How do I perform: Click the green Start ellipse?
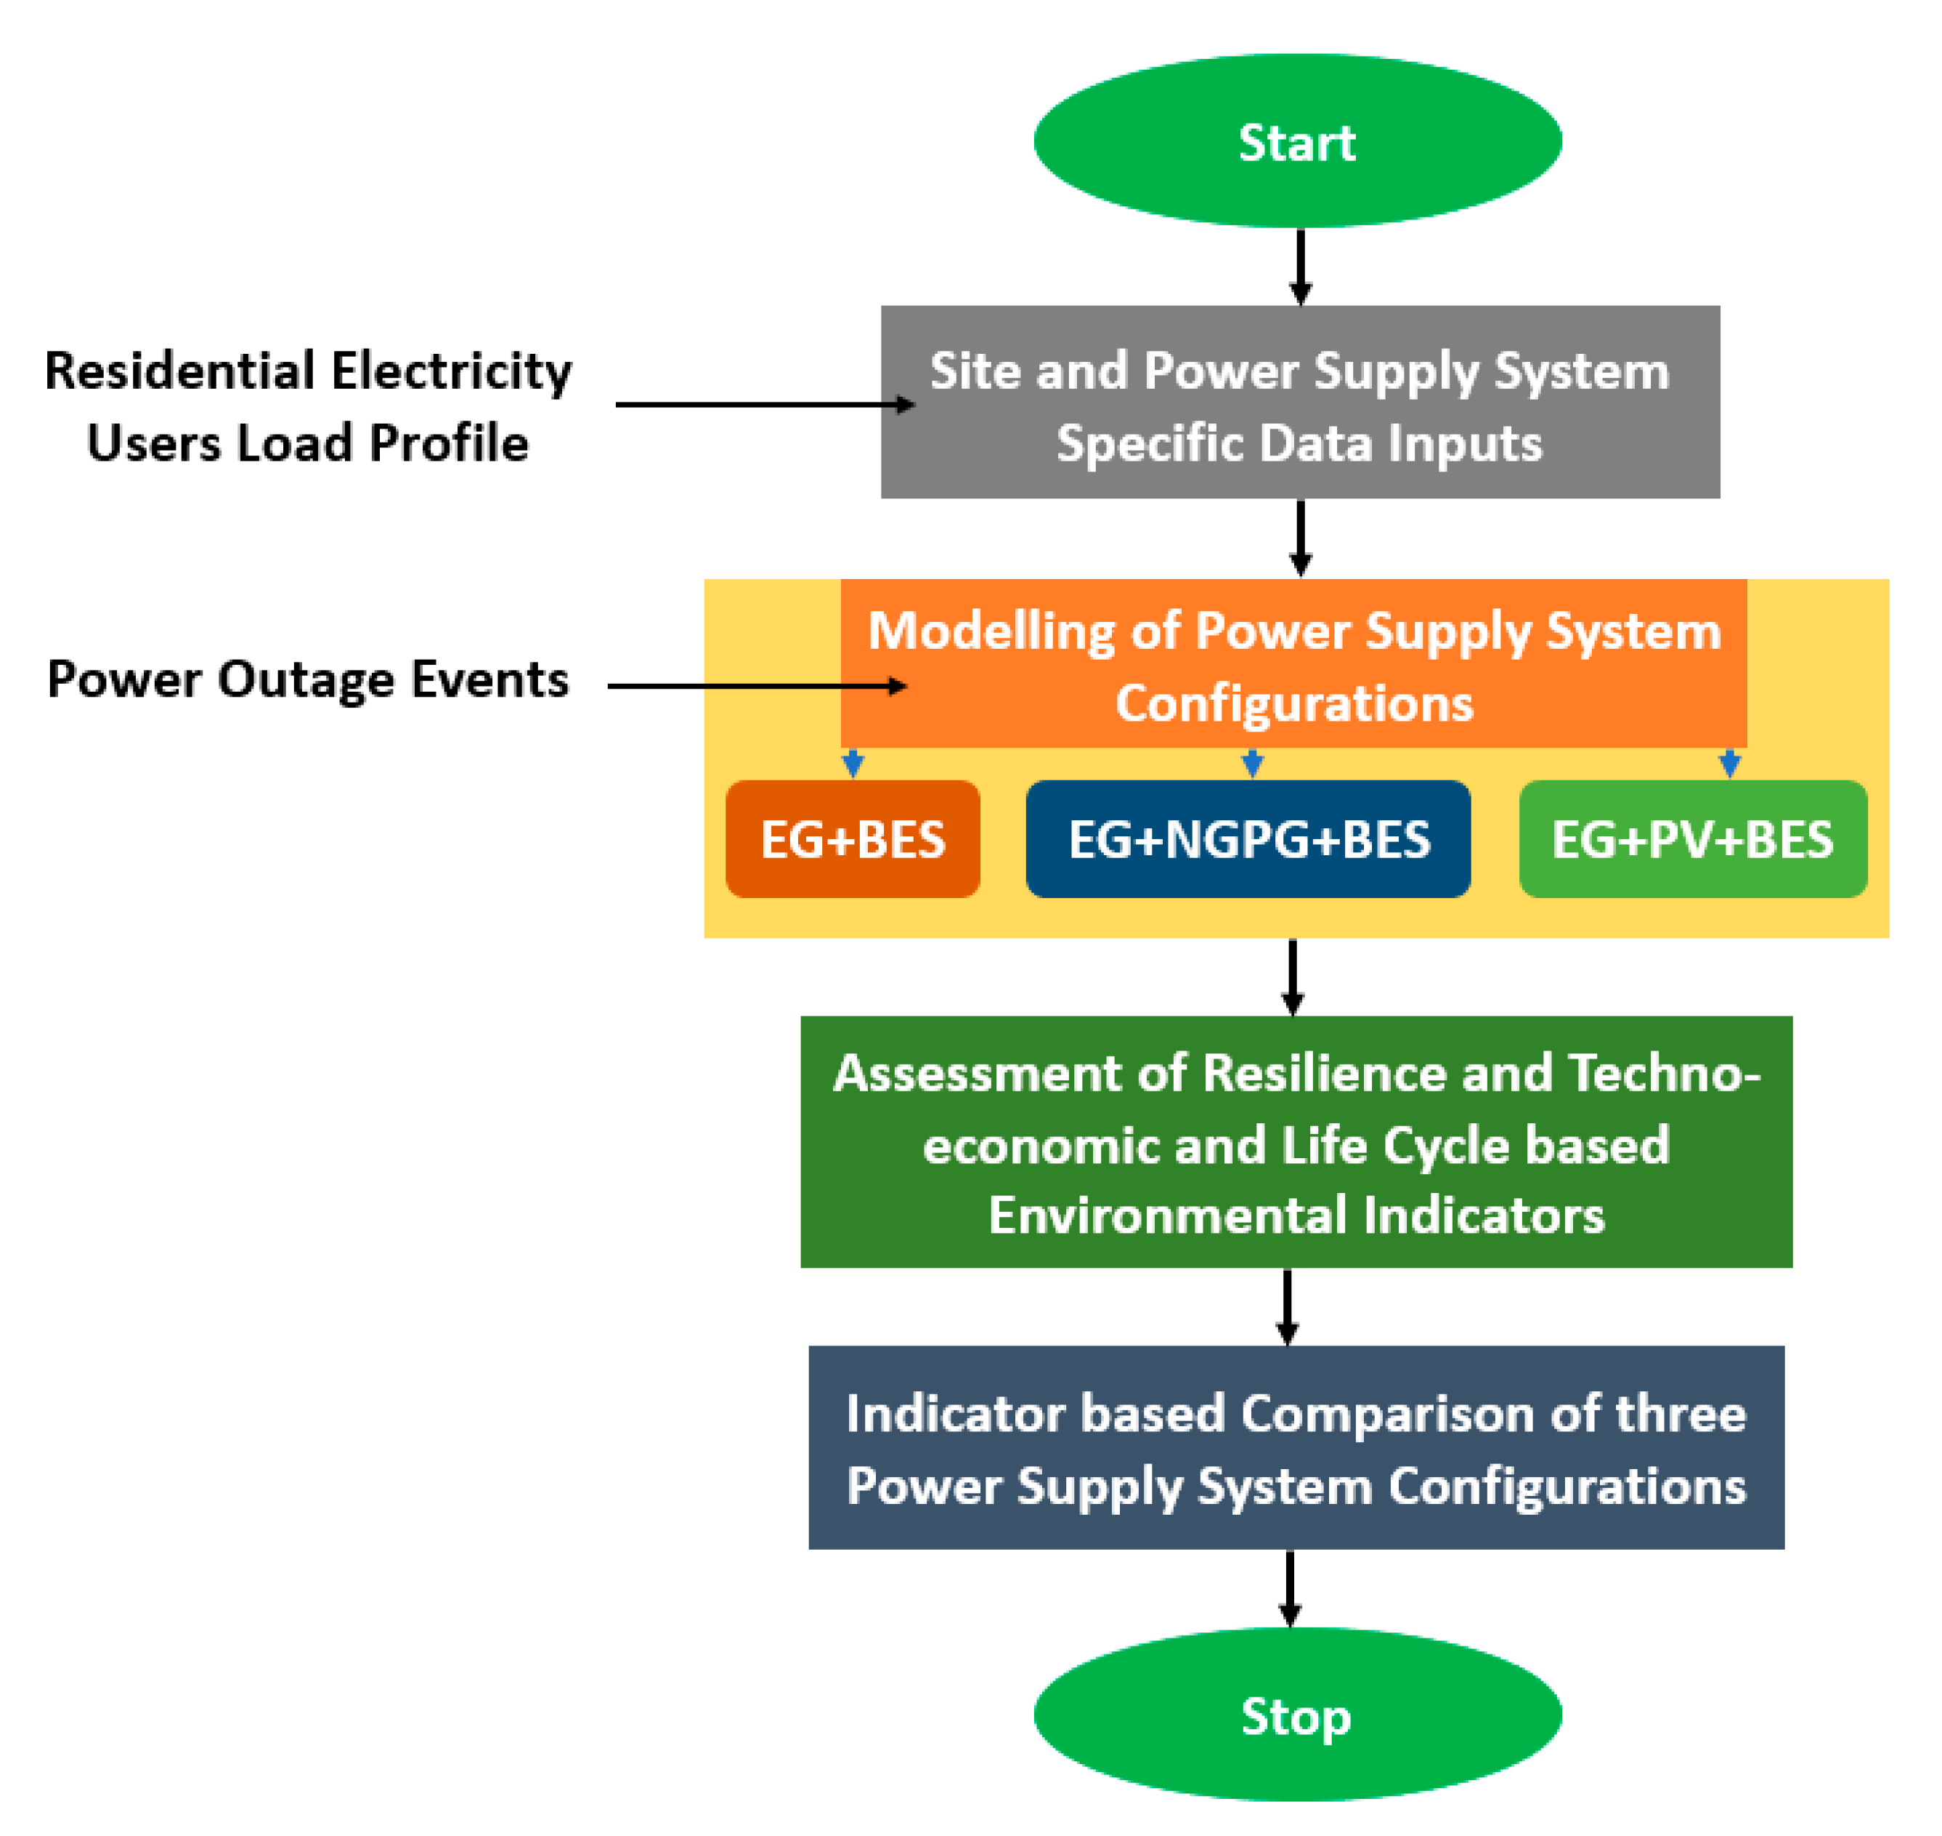point(1296,141)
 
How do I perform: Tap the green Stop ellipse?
point(1296,1717)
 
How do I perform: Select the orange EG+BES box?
point(852,838)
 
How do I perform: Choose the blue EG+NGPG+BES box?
point(1248,838)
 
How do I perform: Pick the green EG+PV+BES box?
point(1692,838)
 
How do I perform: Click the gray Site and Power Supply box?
point(1299,403)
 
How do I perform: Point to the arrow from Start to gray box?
point(1300,266)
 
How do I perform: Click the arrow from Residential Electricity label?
point(763,404)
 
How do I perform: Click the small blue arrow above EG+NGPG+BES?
point(1251,762)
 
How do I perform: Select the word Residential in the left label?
point(179,371)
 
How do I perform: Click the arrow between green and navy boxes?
point(1288,1306)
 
